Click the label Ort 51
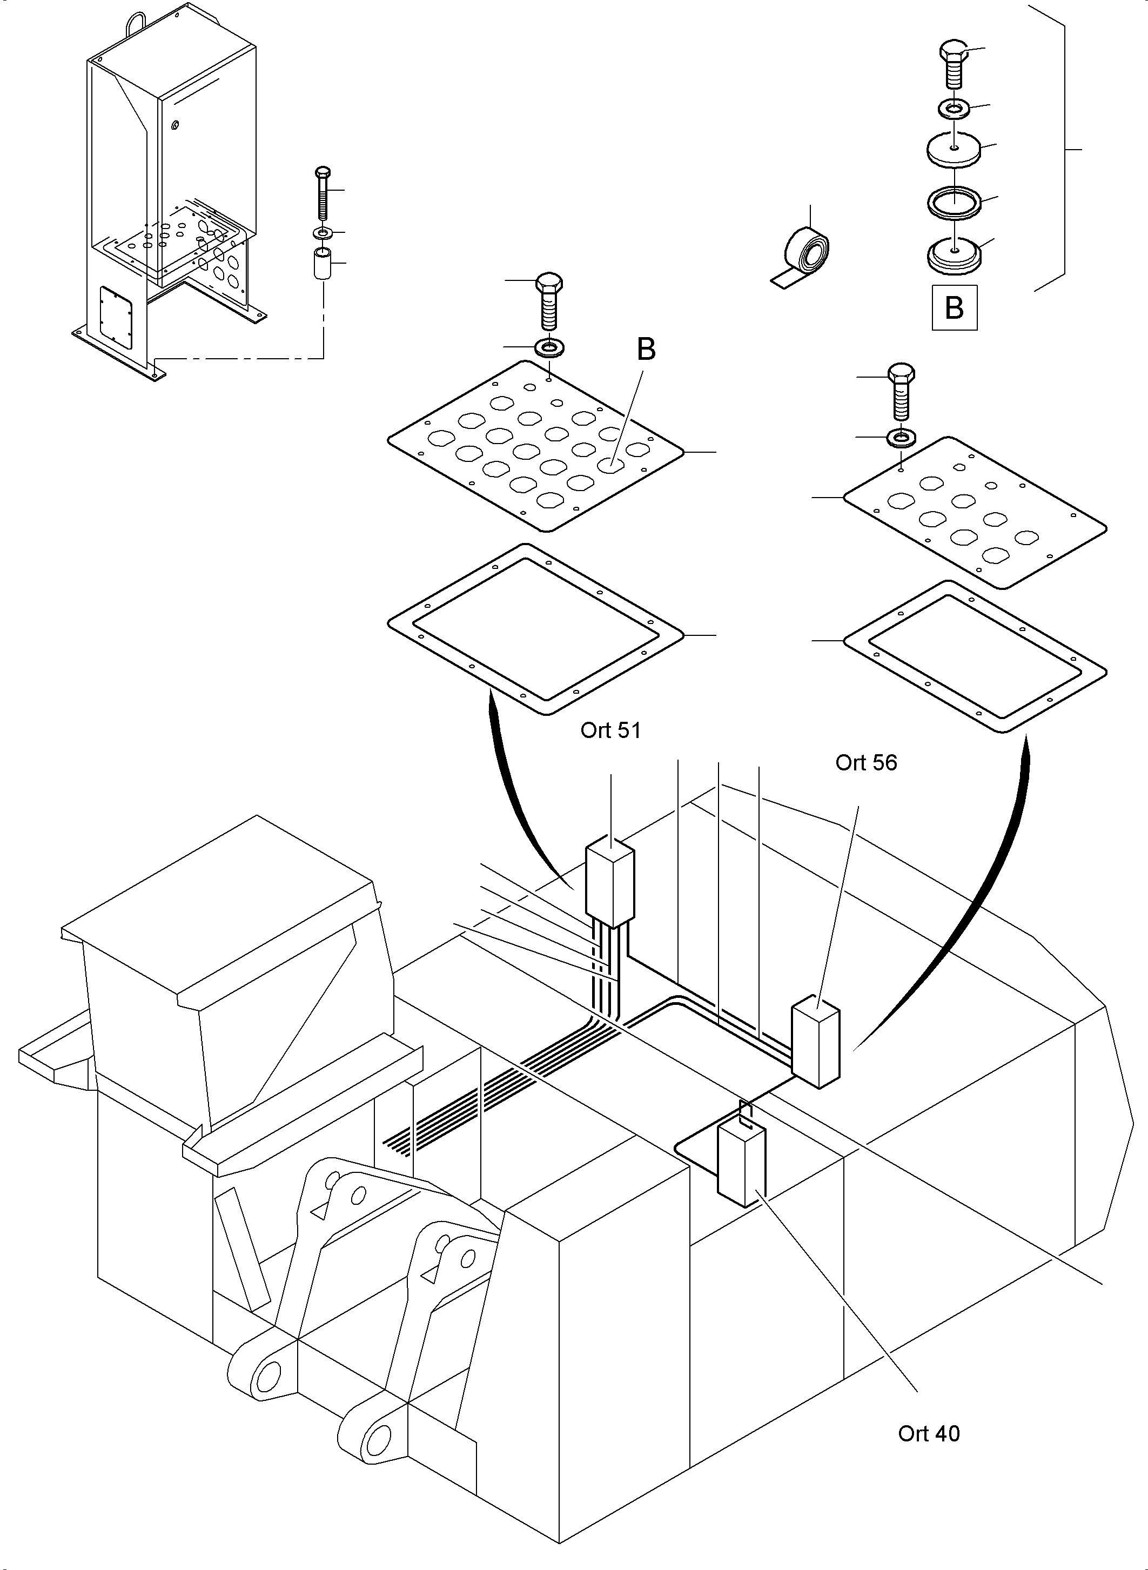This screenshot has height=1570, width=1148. [x=610, y=730]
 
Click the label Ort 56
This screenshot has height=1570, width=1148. [x=866, y=762]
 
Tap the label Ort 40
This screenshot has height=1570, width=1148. [x=929, y=1433]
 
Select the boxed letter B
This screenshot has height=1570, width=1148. [x=954, y=307]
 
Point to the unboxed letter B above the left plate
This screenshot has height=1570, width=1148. [x=646, y=350]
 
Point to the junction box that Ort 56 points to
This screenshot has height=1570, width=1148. [x=816, y=1043]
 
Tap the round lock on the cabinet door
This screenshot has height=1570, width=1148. [x=174, y=125]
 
